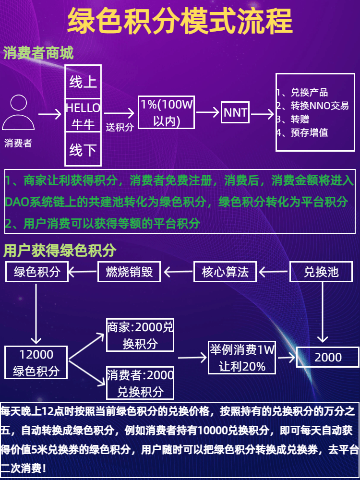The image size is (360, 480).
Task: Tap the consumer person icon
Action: pyautogui.click(x=18, y=113)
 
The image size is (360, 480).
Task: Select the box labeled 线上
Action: pyautogui.click(x=83, y=82)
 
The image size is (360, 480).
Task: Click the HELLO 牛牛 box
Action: pyautogui.click(x=83, y=115)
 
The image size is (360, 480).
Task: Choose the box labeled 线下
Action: pyautogui.click(x=83, y=149)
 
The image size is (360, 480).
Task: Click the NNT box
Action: pyautogui.click(x=235, y=113)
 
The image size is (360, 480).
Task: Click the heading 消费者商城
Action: pyautogui.click(x=38, y=53)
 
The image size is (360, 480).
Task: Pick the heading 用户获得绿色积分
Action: pyautogui.click(x=60, y=250)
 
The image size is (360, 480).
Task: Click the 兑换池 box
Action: pyautogui.click(x=321, y=272)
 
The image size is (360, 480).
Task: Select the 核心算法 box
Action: pyautogui.click(x=225, y=272)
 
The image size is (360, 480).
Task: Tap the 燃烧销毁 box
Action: pyautogui.click(x=129, y=272)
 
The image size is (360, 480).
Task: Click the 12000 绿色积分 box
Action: pyautogui.click(x=36, y=362)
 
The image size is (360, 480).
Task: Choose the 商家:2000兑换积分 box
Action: pyautogui.click(x=140, y=336)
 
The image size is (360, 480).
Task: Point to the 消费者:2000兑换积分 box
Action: pyautogui.click(x=140, y=383)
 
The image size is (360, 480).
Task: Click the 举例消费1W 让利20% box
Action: pyautogui.click(x=242, y=358)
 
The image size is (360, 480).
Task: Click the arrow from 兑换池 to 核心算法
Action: pyautogui.click(x=274, y=273)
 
